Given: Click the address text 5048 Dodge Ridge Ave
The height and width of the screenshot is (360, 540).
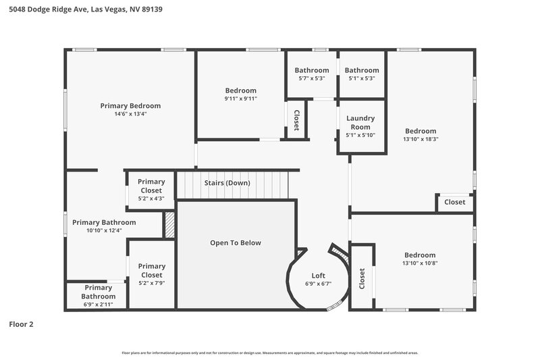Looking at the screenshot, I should click(51, 10).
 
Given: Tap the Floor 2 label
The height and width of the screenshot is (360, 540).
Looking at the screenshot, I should click(21, 324).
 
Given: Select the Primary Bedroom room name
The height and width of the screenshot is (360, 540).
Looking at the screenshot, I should click(130, 105).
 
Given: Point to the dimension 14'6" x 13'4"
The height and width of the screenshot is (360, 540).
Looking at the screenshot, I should click(130, 114).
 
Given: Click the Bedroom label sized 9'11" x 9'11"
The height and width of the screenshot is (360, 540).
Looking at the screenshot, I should click(240, 91).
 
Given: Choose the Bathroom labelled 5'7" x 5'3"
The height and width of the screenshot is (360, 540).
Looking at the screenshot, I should click(311, 70).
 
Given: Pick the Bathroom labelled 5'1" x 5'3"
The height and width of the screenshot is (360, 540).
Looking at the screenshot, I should click(362, 70).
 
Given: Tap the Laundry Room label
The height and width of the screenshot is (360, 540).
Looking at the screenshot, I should click(360, 122).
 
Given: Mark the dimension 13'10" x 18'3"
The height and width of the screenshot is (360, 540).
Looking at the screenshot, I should click(421, 139).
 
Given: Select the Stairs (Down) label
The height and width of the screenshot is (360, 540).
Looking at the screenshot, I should click(227, 183).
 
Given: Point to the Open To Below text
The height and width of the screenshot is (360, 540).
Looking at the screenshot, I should click(235, 242).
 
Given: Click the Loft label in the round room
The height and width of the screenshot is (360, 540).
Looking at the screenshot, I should click(318, 276).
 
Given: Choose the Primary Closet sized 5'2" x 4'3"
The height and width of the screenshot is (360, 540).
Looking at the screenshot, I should click(151, 186).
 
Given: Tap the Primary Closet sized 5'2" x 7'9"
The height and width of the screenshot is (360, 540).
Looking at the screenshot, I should click(151, 270).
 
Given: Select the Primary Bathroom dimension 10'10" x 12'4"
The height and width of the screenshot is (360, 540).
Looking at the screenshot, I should click(104, 230).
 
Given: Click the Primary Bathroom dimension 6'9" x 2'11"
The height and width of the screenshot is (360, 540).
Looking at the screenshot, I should click(99, 305).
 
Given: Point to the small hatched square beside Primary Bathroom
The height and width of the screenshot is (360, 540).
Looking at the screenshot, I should click(170, 225).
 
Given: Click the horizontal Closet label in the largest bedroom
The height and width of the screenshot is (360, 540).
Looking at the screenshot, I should click(454, 202).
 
